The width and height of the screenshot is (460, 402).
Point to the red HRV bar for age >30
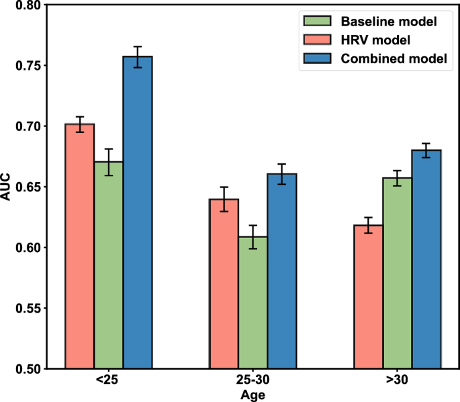coord(368,296)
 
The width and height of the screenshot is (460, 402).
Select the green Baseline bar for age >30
coord(397,272)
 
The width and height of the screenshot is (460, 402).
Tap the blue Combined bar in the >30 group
coord(426,259)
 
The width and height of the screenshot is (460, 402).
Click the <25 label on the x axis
coord(109,381)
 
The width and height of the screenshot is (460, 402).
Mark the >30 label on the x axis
coord(397,381)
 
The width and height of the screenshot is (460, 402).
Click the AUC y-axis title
coord(7,187)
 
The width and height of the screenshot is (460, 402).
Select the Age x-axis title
coord(252,395)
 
